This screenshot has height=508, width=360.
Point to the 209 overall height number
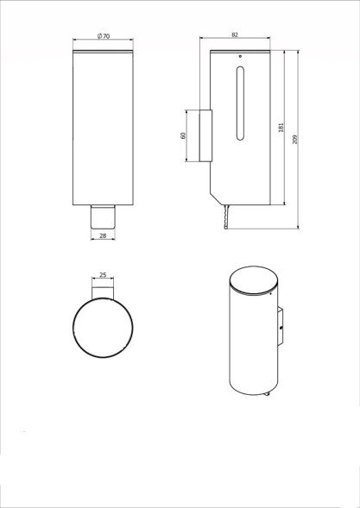tap(296, 141)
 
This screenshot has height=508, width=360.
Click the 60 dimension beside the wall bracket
tap(183, 135)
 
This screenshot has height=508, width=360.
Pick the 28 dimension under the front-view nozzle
tap(102, 235)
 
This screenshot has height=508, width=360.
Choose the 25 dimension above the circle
tap(103, 275)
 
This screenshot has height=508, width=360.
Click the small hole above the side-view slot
tap(239, 60)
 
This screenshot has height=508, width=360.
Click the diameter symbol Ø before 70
tap(99, 35)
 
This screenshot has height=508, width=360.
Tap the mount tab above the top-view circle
tap(103, 291)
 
